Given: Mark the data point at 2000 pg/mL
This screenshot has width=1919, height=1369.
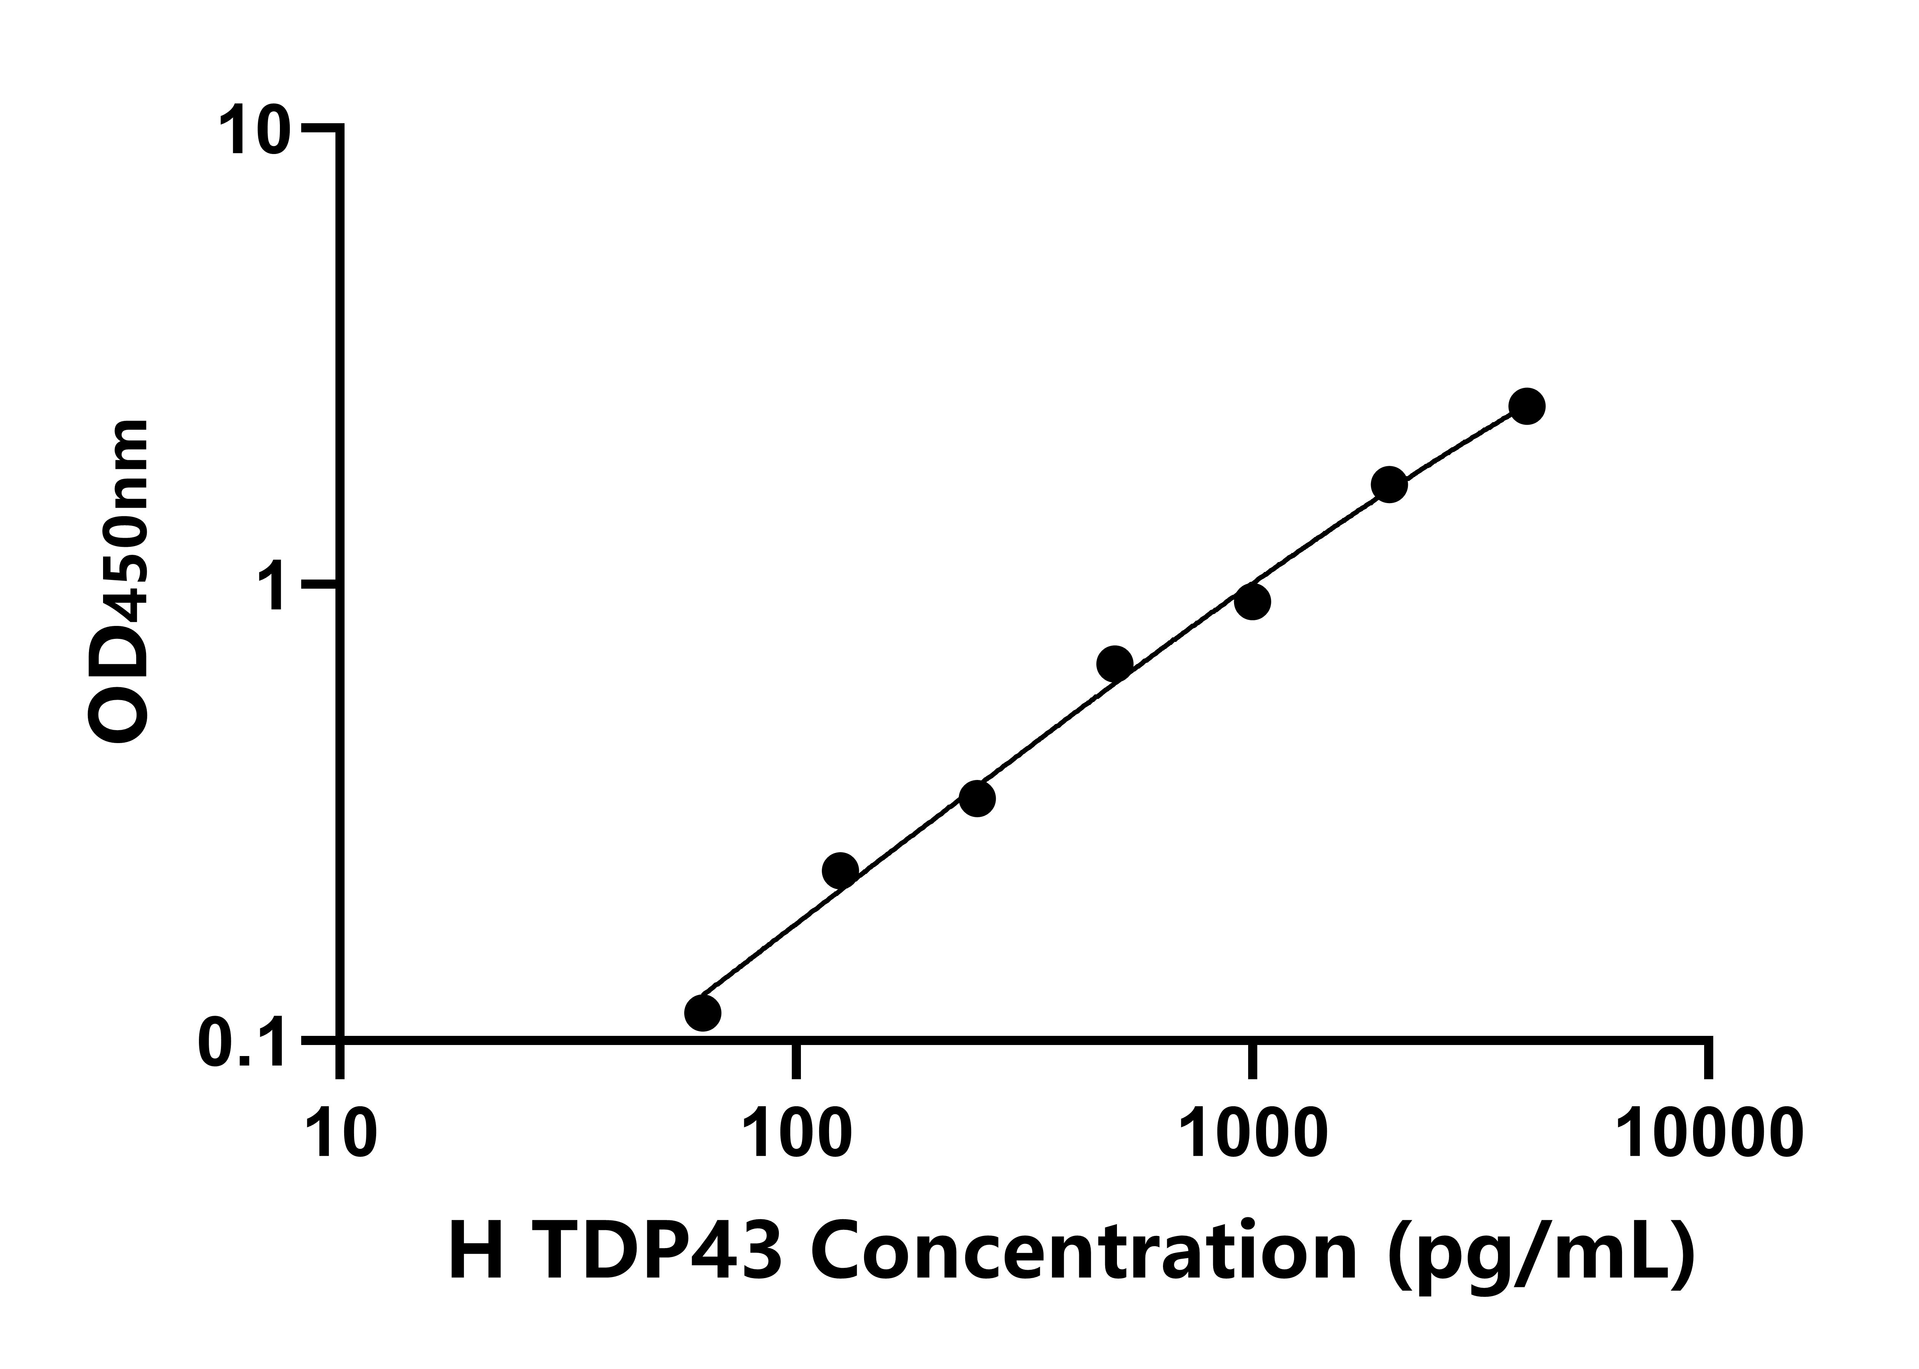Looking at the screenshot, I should click(1389, 485).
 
